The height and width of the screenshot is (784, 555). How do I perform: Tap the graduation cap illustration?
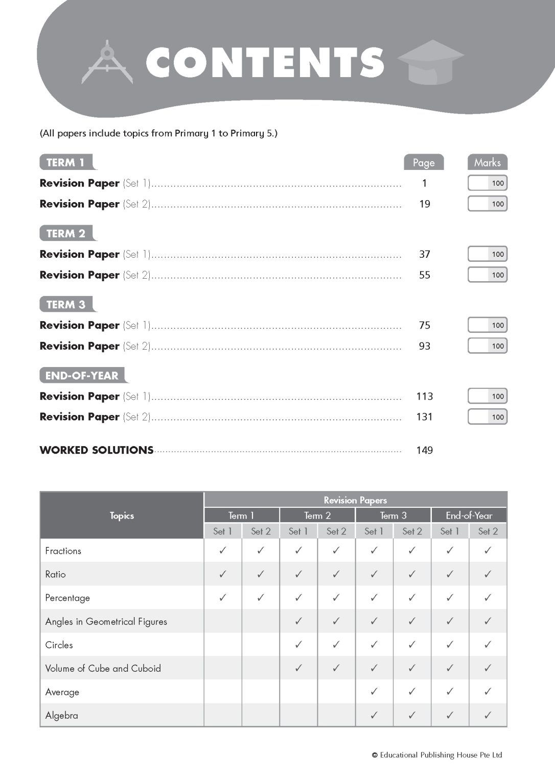tap(430, 62)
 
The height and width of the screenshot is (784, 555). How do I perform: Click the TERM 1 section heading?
tap(66, 162)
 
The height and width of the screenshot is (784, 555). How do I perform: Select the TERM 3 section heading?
tap(66, 305)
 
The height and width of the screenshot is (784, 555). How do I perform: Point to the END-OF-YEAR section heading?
tap(82, 376)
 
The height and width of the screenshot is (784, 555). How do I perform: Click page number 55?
tap(424, 275)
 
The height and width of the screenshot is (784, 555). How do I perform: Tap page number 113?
tap(424, 397)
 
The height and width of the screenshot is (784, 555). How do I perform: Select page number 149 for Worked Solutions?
tap(424, 450)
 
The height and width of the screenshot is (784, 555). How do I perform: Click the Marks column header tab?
tap(487, 162)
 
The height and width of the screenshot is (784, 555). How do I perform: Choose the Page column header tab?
tap(424, 162)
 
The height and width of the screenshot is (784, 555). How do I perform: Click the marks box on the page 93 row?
tap(488, 346)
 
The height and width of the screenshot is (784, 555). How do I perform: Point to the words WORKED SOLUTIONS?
tap(97, 450)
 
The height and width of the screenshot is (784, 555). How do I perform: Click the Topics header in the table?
tap(122, 516)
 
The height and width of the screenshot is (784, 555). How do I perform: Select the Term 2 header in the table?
tap(317, 516)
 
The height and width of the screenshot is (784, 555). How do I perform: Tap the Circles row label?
tap(59, 645)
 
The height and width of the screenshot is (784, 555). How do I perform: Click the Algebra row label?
tap(62, 716)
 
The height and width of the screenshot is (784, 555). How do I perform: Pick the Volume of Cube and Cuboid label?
tap(103, 669)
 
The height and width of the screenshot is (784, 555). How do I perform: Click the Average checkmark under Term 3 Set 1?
tap(374, 692)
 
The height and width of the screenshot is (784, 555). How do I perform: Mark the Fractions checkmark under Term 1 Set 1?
tap(223, 551)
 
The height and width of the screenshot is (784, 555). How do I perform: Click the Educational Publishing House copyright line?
tap(437, 755)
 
